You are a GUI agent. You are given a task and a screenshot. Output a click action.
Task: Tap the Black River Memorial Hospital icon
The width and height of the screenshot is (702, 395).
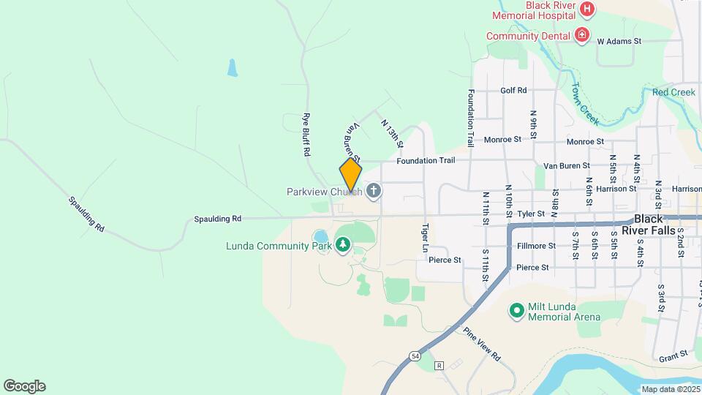pos(587,10)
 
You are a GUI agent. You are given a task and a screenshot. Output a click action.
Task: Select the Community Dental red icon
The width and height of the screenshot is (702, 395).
pos(582,35)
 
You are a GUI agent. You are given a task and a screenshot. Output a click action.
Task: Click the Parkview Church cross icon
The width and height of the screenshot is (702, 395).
pos(373,192)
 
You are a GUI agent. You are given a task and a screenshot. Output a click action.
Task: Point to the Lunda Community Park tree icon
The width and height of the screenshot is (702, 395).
pos(343,244)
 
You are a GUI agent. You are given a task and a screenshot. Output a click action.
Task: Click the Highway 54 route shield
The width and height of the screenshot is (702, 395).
pos(415,355)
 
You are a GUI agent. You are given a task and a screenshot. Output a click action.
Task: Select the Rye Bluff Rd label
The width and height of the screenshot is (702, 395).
pos(308,135)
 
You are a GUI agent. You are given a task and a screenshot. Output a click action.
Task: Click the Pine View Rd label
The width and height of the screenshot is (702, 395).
pos(482,344)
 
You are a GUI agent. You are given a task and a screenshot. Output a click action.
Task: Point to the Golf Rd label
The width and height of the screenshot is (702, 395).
pos(513,91)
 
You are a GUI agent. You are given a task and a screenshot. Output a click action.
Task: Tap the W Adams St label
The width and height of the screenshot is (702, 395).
pos(619,42)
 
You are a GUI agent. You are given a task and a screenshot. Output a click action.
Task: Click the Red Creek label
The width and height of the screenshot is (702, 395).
pos(673,92)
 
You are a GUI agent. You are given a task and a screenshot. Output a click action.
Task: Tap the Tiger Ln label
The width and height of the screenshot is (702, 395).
pos(424,238)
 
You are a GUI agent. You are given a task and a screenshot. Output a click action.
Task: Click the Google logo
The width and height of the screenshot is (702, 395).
pos(24,386)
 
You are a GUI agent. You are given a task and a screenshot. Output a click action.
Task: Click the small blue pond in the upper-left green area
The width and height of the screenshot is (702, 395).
pos(233,68)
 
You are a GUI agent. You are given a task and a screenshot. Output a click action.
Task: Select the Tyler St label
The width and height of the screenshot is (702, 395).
pos(532,214)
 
